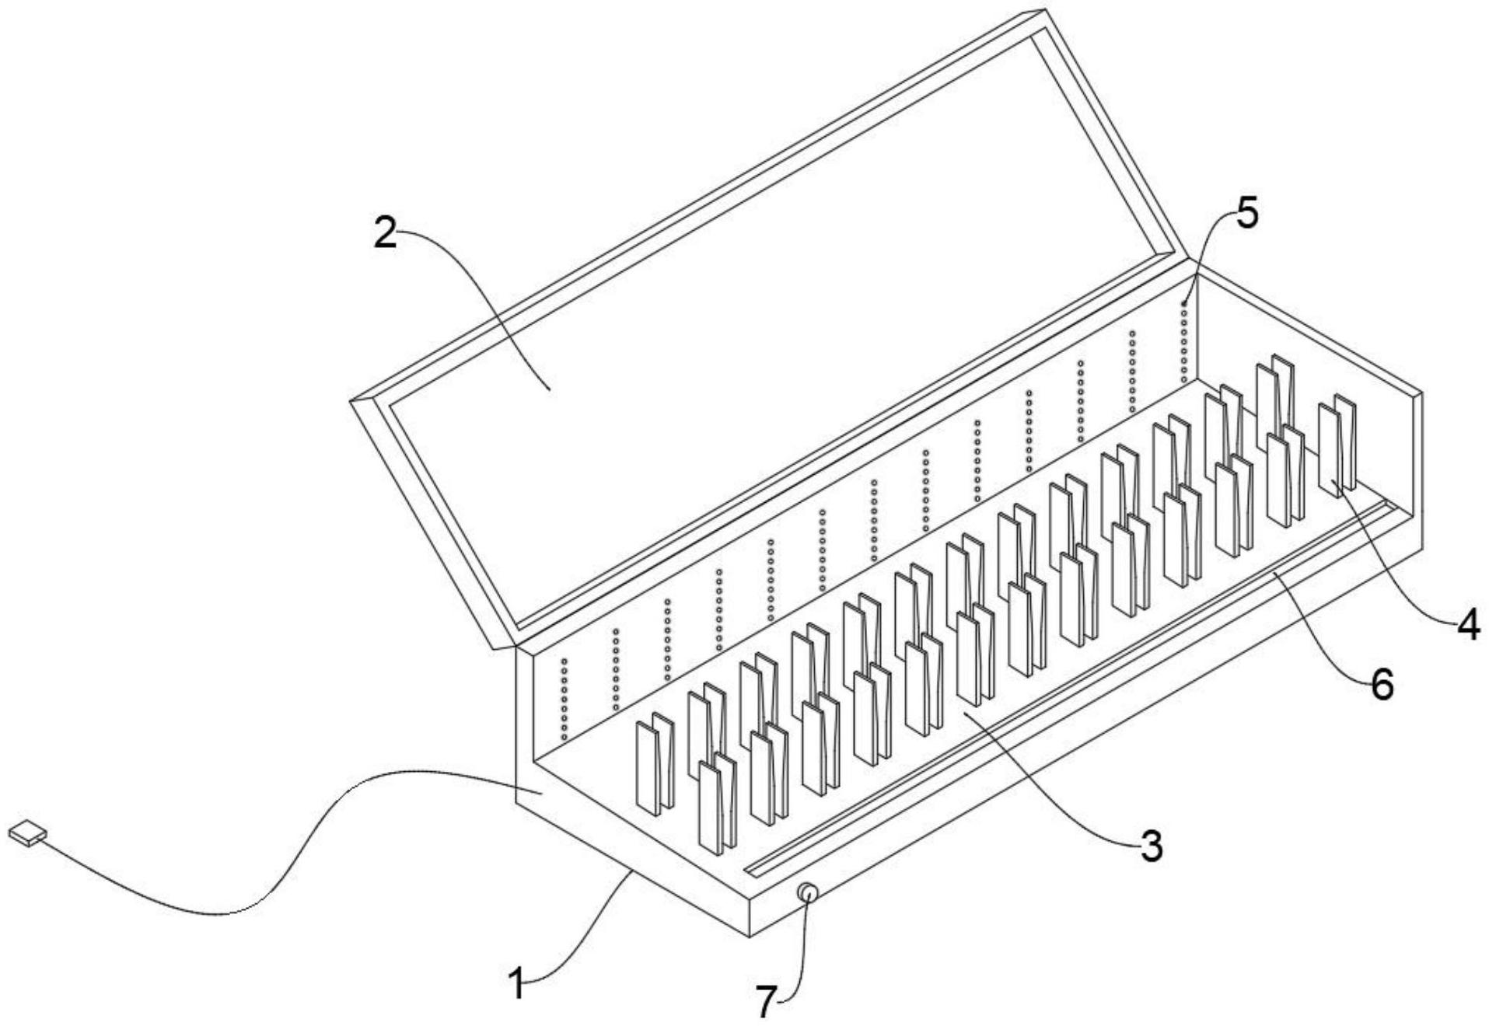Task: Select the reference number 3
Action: [1151, 846]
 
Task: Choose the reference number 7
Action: [767, 1001]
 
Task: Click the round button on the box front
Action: [807, 893]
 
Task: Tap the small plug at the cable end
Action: [27, 832]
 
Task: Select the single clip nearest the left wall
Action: [655, 764]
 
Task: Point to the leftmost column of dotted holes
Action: [564, 699]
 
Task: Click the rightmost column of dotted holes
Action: [1184, 342]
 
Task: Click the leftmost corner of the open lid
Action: [352, 400]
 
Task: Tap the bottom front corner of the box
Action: [748, 937]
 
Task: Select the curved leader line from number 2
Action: [470, 304]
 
